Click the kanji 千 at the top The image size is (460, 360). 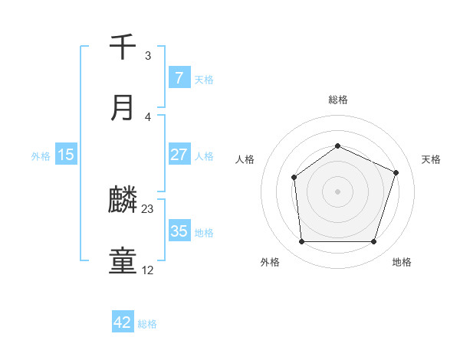(123, 47)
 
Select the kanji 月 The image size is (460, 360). (123, 108)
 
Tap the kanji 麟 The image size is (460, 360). (123, 201)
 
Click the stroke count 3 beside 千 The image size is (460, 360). (148, 56)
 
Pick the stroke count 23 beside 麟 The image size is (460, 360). (148, 208)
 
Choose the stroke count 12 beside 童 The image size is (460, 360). (148, 270)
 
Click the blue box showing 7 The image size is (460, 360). (179, 78)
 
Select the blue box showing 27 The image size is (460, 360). (179, 155)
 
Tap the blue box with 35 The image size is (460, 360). (179, 231)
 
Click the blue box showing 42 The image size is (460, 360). (123, 322)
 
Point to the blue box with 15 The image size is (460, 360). (66, 155)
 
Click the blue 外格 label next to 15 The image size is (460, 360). (41, 155)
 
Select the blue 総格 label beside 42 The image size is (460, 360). (147, 323)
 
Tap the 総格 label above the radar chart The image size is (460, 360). (337, 100)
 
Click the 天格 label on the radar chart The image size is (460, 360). (431, 159)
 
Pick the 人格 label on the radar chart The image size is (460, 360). (245, 159)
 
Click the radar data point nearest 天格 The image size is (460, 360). (396, 172)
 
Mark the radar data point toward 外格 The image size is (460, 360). (301, 242)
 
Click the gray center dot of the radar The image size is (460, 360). (337, 191)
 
